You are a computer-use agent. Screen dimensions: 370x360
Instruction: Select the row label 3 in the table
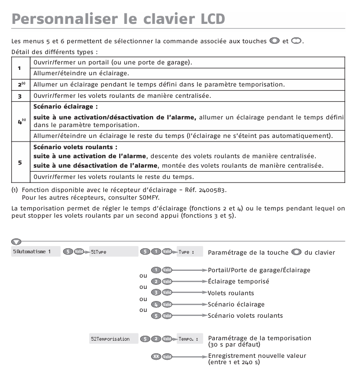(19, 96)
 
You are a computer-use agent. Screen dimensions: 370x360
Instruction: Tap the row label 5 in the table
(19, 162)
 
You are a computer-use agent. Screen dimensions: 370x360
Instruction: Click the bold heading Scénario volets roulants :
(75, 147)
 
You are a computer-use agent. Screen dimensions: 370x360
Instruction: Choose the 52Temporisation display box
(113, 339)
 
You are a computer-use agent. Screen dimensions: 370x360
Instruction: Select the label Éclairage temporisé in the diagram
(238, 281)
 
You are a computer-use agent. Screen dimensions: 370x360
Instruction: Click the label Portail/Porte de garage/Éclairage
(259, 270)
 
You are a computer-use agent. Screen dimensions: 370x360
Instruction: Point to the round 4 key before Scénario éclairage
(156, 304)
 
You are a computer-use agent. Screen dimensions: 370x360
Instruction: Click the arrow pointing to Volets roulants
(189, 293)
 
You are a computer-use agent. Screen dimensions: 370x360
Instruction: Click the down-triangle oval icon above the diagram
(17, 242)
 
